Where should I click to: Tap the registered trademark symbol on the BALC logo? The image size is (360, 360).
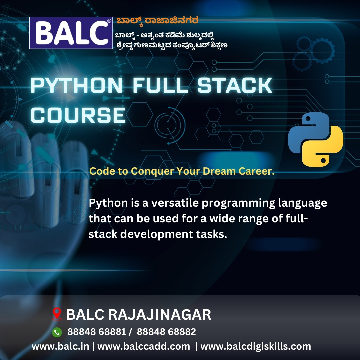109,21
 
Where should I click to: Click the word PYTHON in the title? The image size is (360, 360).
77,85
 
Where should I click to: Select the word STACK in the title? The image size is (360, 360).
235,85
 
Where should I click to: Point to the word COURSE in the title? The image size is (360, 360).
78,115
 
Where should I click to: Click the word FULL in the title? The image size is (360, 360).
160,85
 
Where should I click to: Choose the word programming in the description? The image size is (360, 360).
238,203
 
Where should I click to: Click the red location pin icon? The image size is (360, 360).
57,314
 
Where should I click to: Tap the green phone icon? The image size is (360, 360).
57,332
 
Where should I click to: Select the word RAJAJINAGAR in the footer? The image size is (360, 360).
160,315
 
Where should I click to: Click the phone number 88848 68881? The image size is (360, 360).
97,332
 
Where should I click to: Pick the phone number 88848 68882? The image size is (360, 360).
166,332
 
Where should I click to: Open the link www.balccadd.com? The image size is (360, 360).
144,346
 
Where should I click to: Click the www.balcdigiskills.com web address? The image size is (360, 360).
256,347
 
